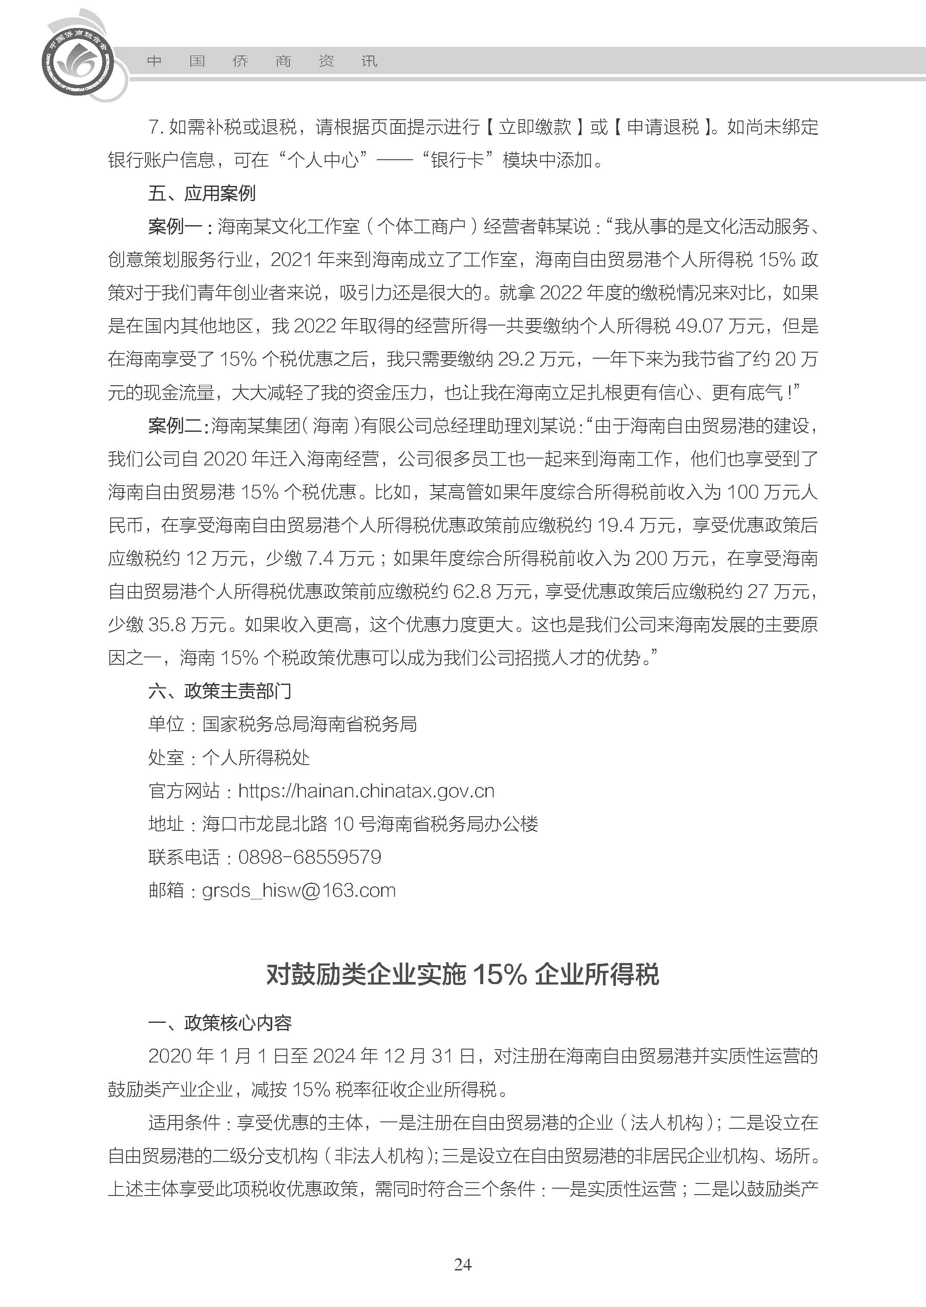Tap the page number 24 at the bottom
(x=463, y=1280)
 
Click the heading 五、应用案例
(x=202, y=193)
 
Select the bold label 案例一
(x=175, y=226)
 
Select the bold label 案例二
(x=175, y=425)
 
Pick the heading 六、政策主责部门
(x=220, y=691)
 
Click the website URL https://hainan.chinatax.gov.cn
(x=366, y=790)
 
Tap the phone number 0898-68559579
(x=310, y=857)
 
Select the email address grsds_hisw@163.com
(x=299, y=890)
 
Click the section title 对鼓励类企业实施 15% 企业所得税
(x=463, y=974)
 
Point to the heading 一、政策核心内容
(x=220, y=1023)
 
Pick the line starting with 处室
(x=229, y=758)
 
